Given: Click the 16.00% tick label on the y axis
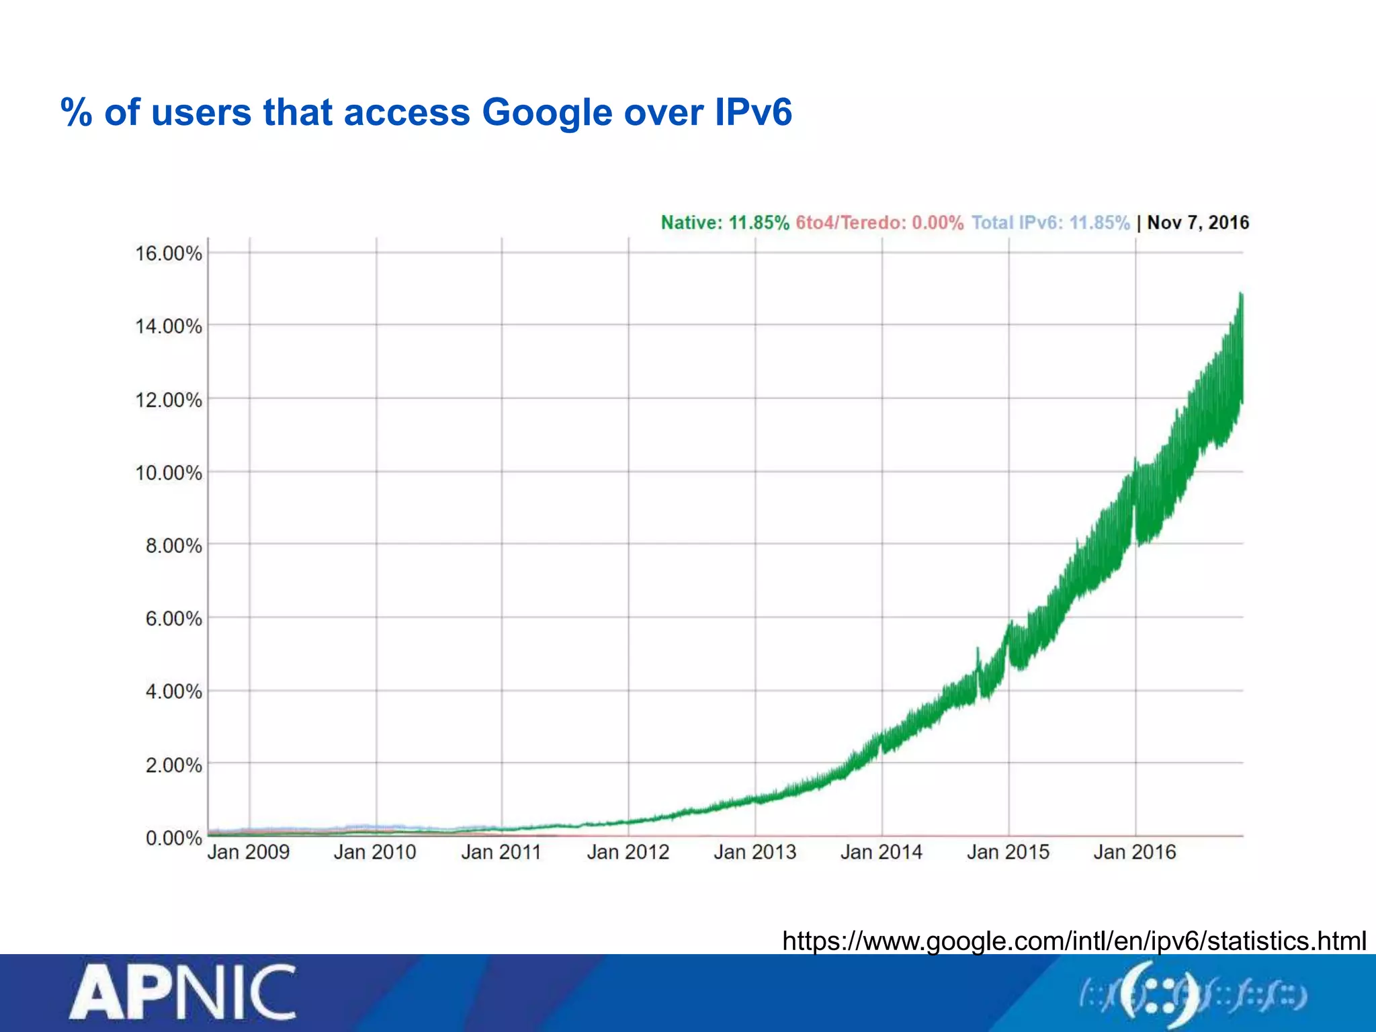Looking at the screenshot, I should pos(169,254).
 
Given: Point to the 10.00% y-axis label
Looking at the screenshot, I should pos(169,474).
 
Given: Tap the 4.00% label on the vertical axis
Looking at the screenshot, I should pos(173,692).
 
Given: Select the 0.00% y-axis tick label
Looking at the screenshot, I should pos(173,838).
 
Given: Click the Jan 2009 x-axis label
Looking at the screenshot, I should pos(249,853).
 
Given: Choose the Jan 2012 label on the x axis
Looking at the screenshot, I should pos(628,853).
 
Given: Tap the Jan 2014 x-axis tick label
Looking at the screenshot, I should pos(881,853).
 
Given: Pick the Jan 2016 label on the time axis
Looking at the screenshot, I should pos(1135,853).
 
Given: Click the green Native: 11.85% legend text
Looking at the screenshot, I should pos(725,223).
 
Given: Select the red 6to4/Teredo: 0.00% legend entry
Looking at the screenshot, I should pos(879,223).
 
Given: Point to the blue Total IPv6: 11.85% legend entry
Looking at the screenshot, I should pos(1051,223).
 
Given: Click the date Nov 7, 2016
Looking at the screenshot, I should pos(1198,223).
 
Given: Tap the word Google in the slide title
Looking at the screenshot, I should pos(546,113).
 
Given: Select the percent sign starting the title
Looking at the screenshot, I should pos(76,112).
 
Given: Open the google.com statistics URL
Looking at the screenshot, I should pos(1074,941).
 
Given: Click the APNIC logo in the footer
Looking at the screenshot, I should pos(182,992).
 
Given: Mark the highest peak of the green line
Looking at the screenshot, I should pos(1241,294).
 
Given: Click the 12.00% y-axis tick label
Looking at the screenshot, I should pos(169,400).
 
